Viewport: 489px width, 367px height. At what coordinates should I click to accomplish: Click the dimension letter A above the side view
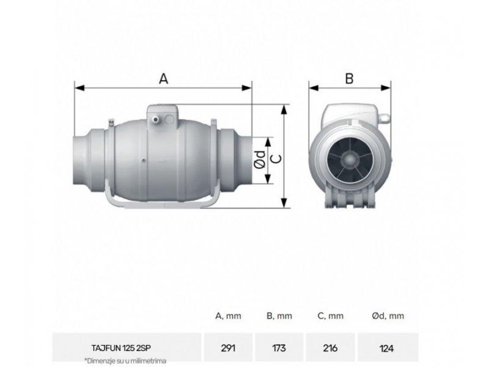[x=163, y=78]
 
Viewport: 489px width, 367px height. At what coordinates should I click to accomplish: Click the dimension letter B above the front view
[x=349, y=78]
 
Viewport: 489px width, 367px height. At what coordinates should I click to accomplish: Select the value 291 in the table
[x=228, y=347]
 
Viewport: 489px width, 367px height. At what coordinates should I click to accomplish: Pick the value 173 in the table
[x=279, y=347]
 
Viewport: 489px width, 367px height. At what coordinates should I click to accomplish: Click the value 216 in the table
[x=330, y=347]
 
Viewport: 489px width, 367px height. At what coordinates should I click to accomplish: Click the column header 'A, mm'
[x=228, y=316]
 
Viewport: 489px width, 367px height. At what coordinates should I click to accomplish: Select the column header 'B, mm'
[x=279, y=316]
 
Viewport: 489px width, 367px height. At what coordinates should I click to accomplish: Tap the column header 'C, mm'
[x=330, y=316]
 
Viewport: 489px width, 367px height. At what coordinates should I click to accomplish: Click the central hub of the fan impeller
[x=349, y=161]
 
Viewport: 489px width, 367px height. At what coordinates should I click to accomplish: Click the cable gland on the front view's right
[x=384, y=116]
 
